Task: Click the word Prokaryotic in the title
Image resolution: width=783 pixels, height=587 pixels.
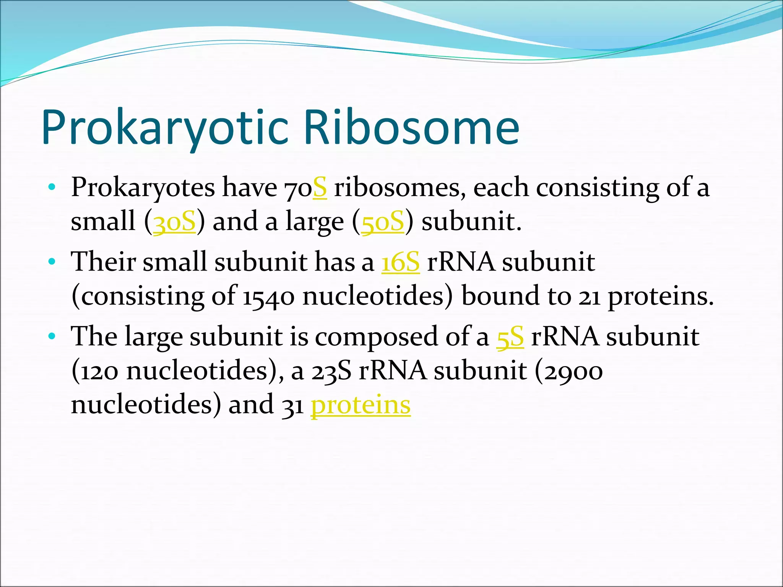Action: pyautogui.click(x=164, y=128)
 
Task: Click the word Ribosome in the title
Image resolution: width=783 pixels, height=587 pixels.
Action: pyautogui.click(x=411, y=128)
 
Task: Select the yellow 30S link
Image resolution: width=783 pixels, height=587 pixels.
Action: pyautogui.click(x=174, y=222)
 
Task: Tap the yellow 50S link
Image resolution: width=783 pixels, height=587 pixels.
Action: pyautogui.click(x=382, y=222)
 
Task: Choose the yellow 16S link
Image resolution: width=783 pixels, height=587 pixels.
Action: pyautogui.click(x=400, y=263)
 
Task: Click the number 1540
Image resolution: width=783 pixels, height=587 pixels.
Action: pyautogui.click(x=268, y=297)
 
